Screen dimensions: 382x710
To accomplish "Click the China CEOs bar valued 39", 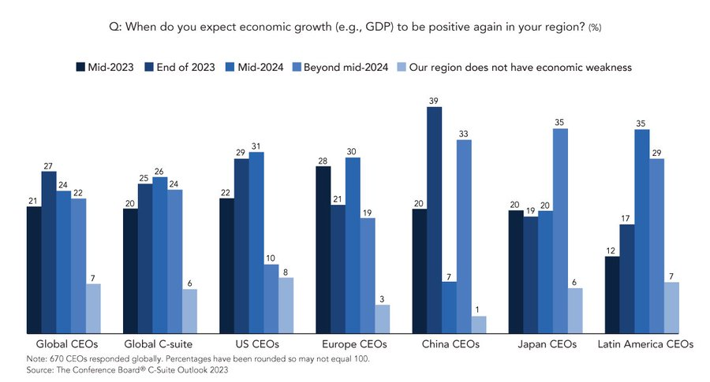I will (435, 221).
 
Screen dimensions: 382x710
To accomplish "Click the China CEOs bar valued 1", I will (479, 325).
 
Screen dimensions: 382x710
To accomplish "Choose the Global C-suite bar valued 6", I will (189, 311).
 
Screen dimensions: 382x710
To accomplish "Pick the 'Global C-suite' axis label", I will (160, 345).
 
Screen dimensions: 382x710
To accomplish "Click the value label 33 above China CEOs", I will (464, 134).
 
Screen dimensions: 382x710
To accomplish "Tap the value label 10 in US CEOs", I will (271, 258).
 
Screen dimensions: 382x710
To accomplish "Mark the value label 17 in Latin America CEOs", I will (626, 218).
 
